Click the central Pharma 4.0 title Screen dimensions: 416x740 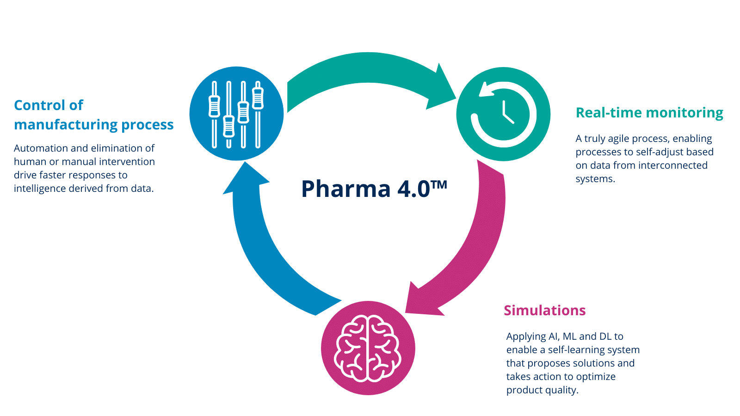pyautogui.click(x=365, y=189)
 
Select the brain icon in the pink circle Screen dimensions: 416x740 pyautogui.click(x=368, y=348)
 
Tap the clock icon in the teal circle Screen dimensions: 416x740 pyautogui.click(x=503, y=114)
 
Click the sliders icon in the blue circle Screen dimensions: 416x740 pyautogui.click(x=236, y=114)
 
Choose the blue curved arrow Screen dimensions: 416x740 pyautogui.click(x=259, y=250)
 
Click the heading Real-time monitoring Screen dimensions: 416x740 pyautogui.click(x=649, y=113)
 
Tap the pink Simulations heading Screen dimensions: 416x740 pyautogui.click(x=544, y=310)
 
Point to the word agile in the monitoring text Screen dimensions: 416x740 pyautogui.click(x=618, y=139)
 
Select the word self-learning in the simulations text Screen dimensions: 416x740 pyautogui.click(x=577, y=350)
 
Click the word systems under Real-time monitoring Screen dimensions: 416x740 pyautogui.click(x=595, y=179)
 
